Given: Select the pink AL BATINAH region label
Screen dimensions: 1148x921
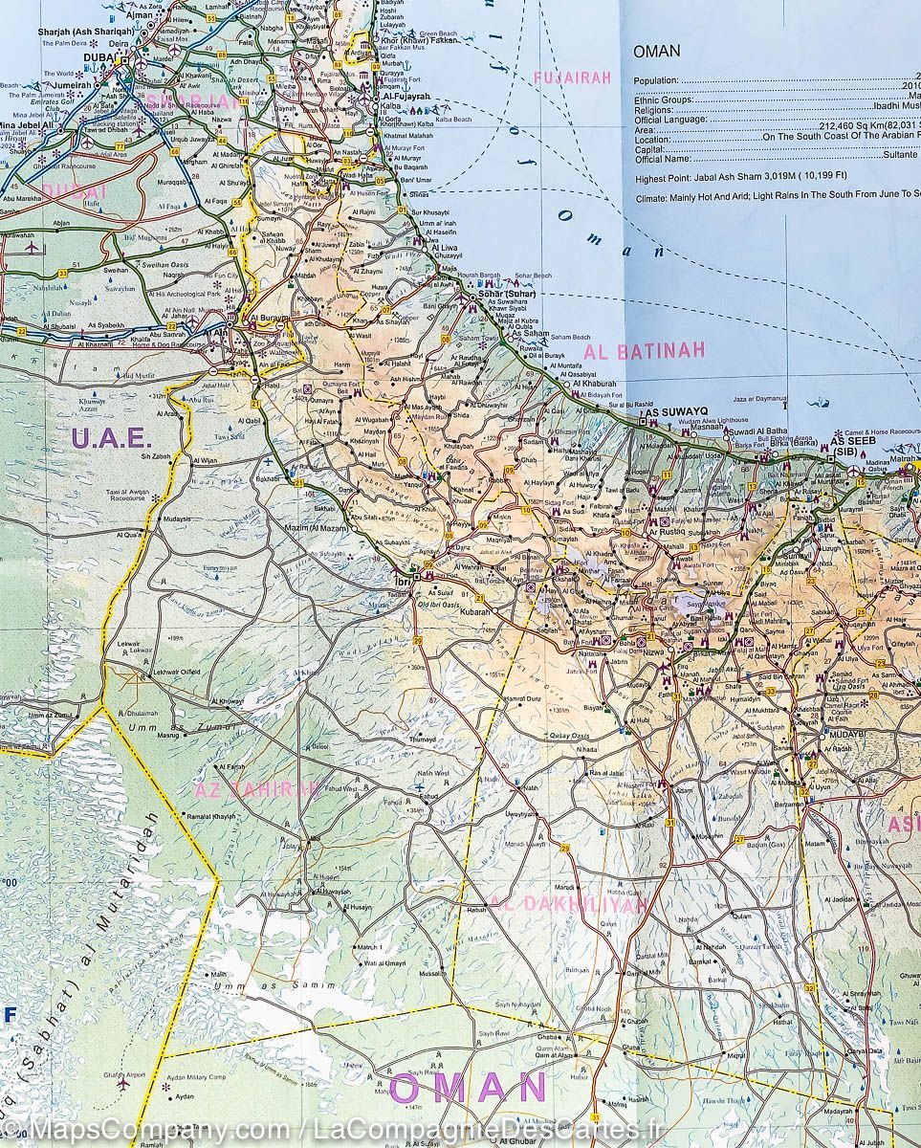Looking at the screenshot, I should point(645,351).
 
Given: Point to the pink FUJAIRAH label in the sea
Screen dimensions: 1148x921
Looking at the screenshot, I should point(571,78).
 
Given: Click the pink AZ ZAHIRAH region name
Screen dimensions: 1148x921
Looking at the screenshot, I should point(255,790).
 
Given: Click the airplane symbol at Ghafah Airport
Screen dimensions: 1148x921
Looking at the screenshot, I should point(122,1084).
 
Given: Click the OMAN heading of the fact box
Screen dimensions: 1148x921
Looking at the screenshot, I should point(657,51).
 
